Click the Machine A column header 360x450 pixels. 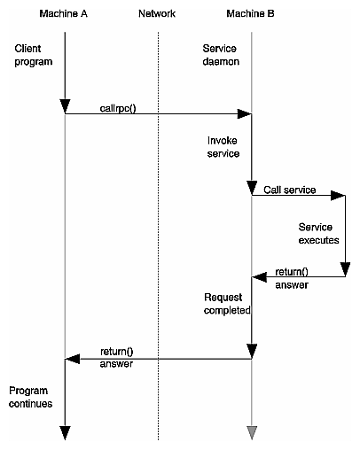click(x=64, y=14)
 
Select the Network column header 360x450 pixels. click(x=158, y=14)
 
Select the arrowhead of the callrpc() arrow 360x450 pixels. click(x=245, y=113)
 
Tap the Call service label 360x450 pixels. click(x=290, y=190)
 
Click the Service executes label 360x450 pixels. click(x=317, y=233)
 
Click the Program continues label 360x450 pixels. click(x=31, y=397)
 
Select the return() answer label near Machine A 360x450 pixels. click(x=116, y=357)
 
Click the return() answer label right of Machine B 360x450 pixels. click(x=292, y=279)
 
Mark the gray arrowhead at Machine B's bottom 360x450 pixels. click(x=252, y=432)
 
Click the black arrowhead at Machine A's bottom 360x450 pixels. click(x=65, y=432)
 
